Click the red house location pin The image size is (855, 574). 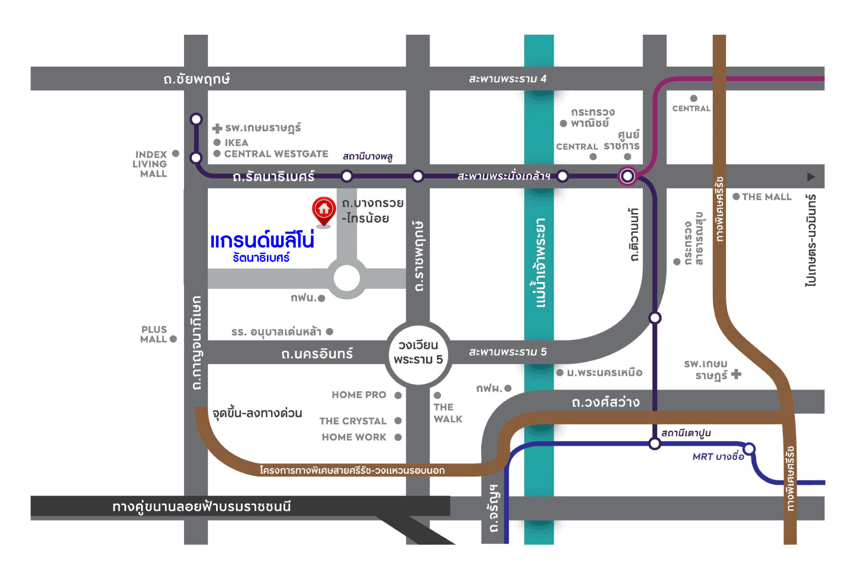(324, 210)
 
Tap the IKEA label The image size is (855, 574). (236, 143)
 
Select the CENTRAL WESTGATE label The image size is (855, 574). (276, 154)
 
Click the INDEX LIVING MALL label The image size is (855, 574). (150, 164)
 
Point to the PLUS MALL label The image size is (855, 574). (154, 334)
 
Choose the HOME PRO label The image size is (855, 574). (359, 395)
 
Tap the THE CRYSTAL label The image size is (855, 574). (353, 421)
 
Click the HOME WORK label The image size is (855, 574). (354, 437)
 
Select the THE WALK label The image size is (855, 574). (447, 413)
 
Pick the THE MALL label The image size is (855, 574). (766, 197)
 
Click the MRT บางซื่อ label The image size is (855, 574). (718, 457)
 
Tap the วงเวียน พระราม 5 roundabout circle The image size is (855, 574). (418, 353)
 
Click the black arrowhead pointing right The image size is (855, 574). (810, 177)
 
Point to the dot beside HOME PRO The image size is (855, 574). (398, 395)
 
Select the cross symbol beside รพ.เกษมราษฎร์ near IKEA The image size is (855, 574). (217, 128)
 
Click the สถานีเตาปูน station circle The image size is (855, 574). (654, 443)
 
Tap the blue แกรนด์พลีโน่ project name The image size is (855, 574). (262, 241)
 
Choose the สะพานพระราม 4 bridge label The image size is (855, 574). (507, 79)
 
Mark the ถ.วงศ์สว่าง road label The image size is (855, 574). (605, 402)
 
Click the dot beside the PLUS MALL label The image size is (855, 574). (173, 339)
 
